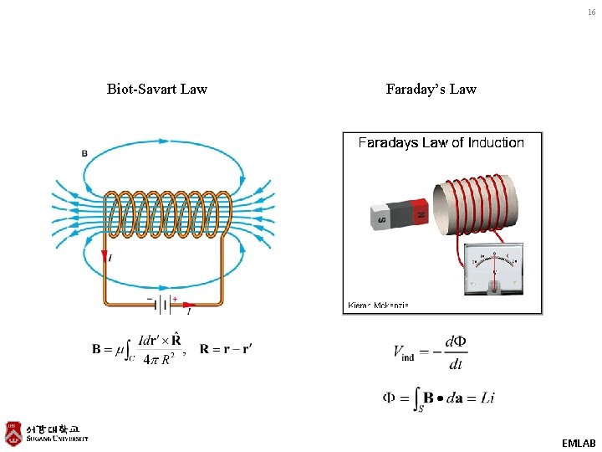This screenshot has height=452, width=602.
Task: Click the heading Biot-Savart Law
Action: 157,89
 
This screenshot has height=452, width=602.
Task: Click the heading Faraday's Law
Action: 431,89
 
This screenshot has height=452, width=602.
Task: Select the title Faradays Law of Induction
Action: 441,143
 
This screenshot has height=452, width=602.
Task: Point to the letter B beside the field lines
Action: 84,153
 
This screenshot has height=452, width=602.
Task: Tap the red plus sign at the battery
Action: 175,298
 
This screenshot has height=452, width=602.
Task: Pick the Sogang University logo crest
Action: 13,433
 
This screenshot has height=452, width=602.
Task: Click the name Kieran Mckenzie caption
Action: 378,306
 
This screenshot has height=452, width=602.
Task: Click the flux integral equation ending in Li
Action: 438,398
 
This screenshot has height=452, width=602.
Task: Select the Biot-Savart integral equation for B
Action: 137,350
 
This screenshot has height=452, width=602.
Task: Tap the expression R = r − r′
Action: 226,349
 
